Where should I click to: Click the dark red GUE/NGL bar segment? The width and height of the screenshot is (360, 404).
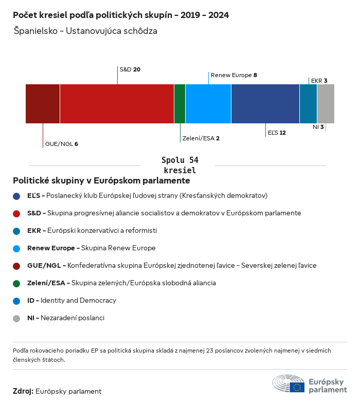[43, 104]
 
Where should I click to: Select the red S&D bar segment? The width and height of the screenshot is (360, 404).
[117, 104]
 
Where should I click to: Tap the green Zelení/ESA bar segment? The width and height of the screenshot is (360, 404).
[179, 104]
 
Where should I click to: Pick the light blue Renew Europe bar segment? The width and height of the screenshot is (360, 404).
[208, 104]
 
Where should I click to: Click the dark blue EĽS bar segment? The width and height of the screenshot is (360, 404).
[265, 104]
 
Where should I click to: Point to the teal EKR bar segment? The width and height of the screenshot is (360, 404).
[308, 104]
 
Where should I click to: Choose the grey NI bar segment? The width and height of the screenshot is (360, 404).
[326, 104]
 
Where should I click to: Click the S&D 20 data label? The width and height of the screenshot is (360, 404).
[130, 69]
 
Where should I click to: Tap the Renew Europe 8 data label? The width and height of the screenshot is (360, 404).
[233, 75]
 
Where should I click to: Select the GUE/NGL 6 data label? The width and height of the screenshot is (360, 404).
[61, 144]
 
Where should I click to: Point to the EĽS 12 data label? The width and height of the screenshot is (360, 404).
[276, 133]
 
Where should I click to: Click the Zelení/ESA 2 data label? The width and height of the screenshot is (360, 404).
[201, 138]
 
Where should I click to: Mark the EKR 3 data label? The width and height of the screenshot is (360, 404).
[319, 81]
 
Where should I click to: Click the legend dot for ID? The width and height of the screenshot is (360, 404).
[16, 301]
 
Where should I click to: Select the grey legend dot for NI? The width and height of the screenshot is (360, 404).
[16, 318]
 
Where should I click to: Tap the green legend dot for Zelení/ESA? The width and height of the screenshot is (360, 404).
[16, 283]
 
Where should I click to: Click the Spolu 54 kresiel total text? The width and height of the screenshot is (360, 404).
[179, 165]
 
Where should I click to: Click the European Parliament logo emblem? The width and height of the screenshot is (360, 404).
[289, 384]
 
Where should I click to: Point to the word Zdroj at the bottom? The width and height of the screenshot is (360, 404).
[23, 391]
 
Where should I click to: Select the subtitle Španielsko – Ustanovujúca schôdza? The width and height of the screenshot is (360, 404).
[85, 31]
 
